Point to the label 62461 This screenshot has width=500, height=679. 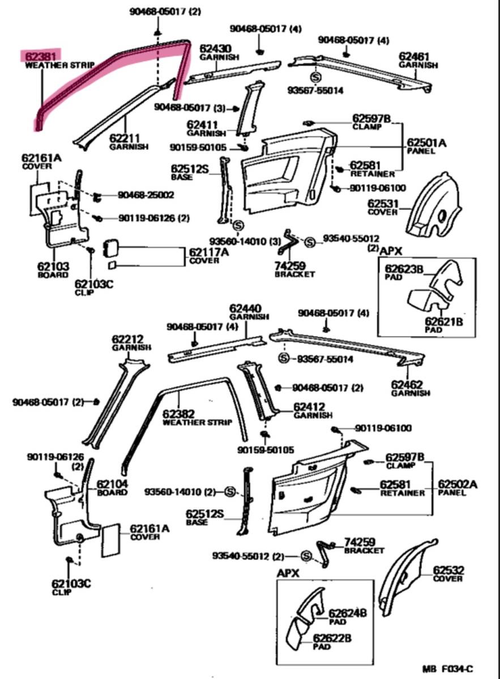tap(414, 57)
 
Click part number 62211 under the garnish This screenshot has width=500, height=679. tap(125, 138)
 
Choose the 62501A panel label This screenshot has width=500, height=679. tap(426, 143)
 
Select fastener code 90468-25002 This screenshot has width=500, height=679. tap(146, 195)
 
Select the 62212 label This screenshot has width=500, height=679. tap(127, 339)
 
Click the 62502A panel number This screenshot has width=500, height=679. tap(458, 484)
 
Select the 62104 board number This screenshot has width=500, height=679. tap(112, 484)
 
